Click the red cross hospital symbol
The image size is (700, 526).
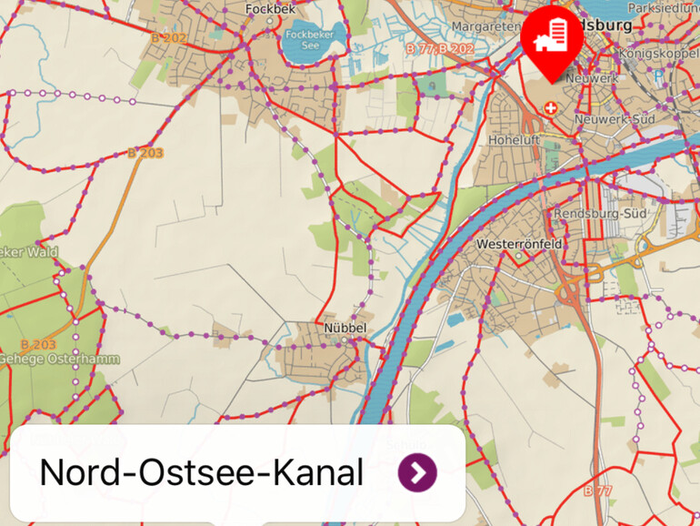550,108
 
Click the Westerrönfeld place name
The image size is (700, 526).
519,245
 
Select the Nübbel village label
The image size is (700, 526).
344,328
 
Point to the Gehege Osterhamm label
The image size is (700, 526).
59,359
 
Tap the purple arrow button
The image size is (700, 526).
417,472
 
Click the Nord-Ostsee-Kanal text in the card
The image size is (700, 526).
202,473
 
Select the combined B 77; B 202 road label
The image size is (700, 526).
440,48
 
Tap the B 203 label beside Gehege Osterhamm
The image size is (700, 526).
38,345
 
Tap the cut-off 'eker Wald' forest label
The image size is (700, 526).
28,252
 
